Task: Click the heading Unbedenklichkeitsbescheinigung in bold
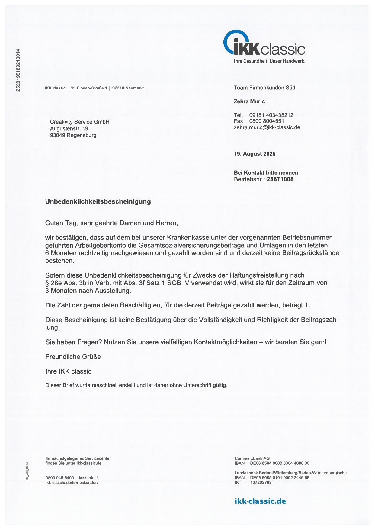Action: pos(98,201)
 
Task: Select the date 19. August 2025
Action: pos(255,154)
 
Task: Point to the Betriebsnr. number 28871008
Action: pos(280,179)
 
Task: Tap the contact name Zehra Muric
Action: pos(249,101)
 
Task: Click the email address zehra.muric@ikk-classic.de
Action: pos(267,127)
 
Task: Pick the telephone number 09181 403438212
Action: pos(271,115)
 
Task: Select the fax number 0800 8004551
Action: pos(267,121)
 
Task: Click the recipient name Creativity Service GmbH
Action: pos(80,122)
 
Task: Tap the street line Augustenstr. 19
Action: pos(69,129)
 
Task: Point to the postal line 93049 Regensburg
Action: pos(73,135)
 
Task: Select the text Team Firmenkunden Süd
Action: pos(264,88)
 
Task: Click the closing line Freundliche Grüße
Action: pos(73,357)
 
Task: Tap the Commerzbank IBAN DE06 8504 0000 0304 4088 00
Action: pos(280,463)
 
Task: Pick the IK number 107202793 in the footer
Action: pos(261,483)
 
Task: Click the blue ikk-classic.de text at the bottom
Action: pos(260,502)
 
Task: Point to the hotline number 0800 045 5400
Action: pos(59,478)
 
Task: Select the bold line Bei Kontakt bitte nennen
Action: pos(266,173)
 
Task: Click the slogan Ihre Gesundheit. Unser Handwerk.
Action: pos(270,61)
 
